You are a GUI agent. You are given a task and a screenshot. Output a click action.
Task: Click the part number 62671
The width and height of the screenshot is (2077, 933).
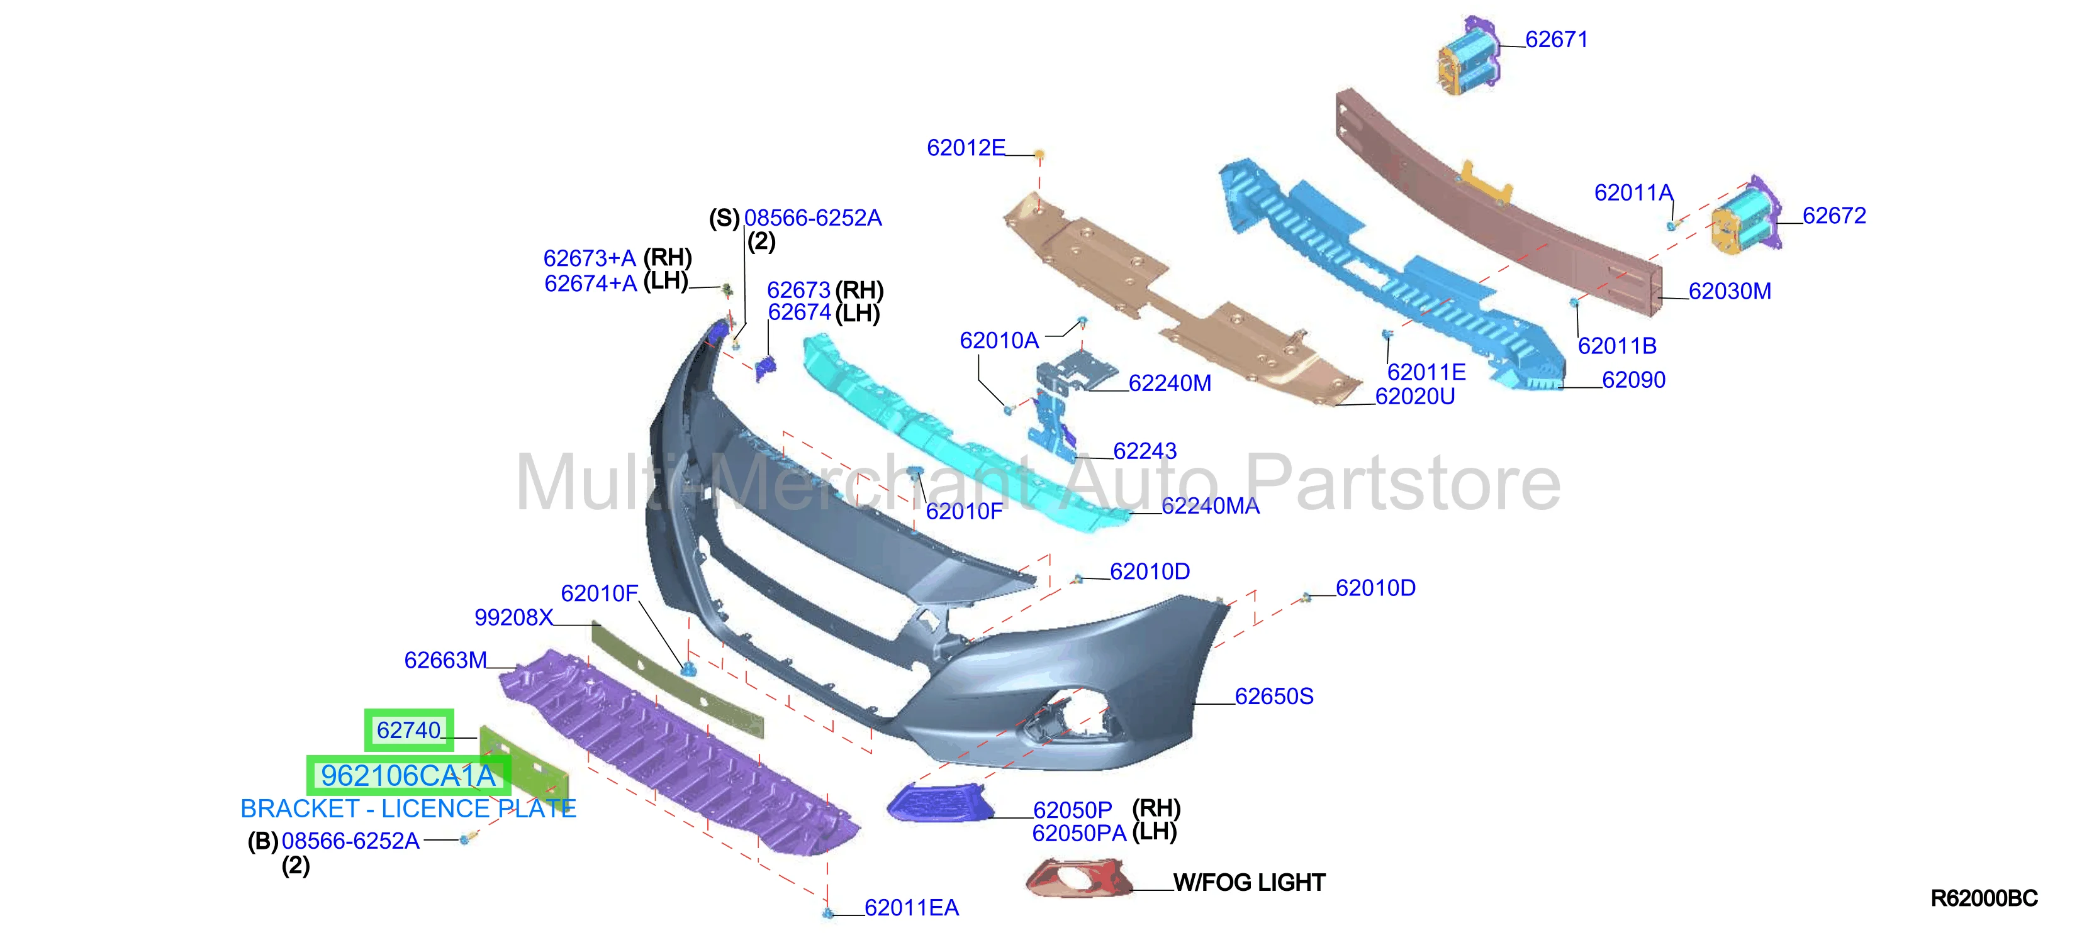tap(1556, 40)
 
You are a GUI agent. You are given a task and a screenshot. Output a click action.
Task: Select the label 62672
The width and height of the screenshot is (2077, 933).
tap(1834, 216)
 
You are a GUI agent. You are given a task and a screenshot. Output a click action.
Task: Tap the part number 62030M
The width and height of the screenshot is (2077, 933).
tap(1730, 292)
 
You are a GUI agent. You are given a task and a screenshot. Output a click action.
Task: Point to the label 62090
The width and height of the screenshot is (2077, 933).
tap(1633, 380)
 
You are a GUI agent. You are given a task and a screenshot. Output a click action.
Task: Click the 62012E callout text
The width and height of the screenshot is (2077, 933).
tap(966, 148)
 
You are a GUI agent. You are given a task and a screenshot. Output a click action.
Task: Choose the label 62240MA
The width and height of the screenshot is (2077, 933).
tap(1210, 506)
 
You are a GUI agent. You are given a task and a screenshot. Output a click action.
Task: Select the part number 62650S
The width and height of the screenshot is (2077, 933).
tap(1274, 696)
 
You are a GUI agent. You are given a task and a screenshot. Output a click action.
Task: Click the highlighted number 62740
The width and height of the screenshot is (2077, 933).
tap(409, 730)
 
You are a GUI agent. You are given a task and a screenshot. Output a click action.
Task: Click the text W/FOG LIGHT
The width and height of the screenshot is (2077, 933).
tap(1249, 883)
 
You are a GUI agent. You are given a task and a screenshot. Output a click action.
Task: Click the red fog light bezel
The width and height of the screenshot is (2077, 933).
tap(1079, 878)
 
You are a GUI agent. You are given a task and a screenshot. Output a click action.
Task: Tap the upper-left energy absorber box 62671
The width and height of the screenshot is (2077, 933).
tap(1469, 57)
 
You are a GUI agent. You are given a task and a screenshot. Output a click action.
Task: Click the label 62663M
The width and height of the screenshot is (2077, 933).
tap(446, 661)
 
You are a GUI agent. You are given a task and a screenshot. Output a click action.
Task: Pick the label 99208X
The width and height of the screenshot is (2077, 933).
tap(513, 618)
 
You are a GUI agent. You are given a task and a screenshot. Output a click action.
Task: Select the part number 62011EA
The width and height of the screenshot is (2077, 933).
tap(912, 908)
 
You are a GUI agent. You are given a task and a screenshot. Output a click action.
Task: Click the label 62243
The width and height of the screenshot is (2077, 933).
tap(1145, 451)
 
